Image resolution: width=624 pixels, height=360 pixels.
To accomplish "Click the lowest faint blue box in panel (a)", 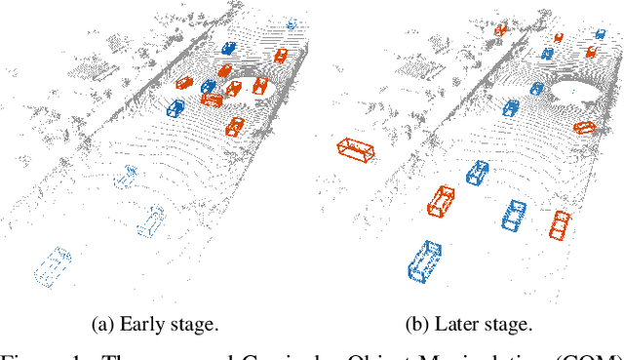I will pyautogui.click(x=52, y=265).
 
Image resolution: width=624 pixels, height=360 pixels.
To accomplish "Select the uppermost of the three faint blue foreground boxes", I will pyautogui.click(x=125, y=177).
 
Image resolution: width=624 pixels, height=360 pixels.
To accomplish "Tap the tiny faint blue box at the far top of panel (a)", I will pyautogui.click(x=291, y=24).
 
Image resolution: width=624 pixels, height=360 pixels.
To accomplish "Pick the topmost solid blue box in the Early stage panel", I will pyautogui.click(x=228, y=48).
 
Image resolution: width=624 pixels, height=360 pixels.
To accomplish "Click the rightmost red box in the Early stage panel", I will pyautogui.click(x=281, y=56).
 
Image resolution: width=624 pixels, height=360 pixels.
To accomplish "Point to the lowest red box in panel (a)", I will pyautogui.click(x=235, y=126).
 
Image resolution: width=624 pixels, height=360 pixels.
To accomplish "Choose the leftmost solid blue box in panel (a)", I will pyautogui.click(x=173, y=108).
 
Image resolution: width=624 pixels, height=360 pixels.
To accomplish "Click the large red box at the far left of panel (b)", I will pyautogui.click(x=355, y=151).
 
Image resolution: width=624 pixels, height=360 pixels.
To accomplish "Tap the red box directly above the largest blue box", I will pyautogui.click(x=442, y=202).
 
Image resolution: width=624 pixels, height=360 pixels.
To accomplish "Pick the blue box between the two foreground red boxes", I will pyautogui.click(x=514, y=216).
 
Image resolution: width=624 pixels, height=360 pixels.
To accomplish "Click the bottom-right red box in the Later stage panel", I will pyautogui.click(x=560, y=224).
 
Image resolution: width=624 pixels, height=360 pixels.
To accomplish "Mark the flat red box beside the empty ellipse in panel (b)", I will pyautogui.click(x=584, y=127).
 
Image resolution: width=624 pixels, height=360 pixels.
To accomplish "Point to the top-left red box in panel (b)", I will pyautogui.click(x=500, y=30).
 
